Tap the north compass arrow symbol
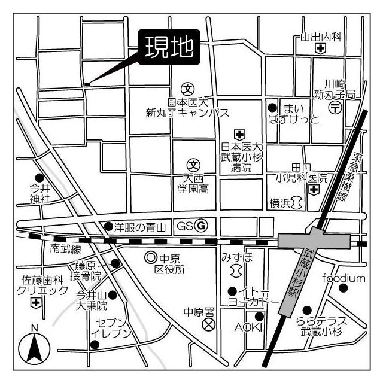(x=34, y=348)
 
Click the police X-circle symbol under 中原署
(x=208, y=325)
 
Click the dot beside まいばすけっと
(x=272, y=108)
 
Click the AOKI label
(x=245, y=327)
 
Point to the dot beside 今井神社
(x=39, y=178)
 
